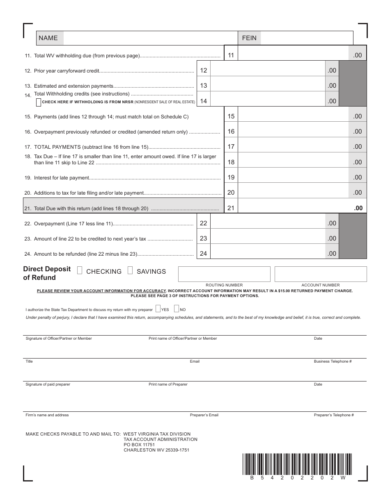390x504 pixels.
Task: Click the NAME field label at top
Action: pos(48,38)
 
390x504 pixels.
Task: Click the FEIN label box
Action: pos(249,38)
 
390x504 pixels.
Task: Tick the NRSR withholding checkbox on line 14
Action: pos(39,102)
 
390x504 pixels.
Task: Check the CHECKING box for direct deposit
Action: pos(80,270)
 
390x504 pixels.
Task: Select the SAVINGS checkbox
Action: pos(130,270)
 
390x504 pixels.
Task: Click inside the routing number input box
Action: pos(224,274)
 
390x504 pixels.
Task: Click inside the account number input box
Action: pos(320,274)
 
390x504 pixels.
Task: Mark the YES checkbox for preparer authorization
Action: pos(158,309)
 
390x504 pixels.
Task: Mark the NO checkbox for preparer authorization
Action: pos(177,309)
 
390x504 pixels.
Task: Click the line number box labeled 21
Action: pos(231,208)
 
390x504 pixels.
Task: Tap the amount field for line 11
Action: pos(293,55)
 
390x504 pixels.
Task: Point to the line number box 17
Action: pos(231,147)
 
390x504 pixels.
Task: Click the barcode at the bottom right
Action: pos(297,463)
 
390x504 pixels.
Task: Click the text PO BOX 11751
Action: pos(139,445)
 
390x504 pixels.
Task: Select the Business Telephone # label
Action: pos(333,361)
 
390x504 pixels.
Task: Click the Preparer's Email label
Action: pos(204,415)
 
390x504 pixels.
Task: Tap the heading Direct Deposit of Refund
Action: pos(47,273)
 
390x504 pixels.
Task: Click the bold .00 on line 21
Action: pos(358,208)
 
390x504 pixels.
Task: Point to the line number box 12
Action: pos(204,70)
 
